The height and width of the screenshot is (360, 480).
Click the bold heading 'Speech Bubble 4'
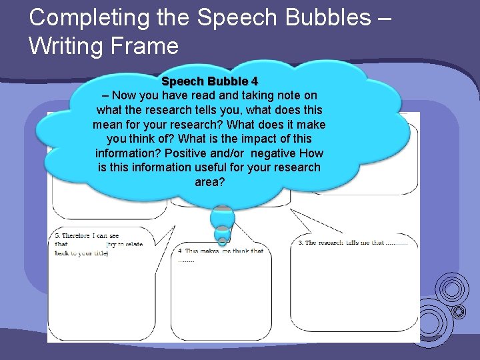coord(209,82)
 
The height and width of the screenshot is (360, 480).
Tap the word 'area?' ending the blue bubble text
coord(209,181)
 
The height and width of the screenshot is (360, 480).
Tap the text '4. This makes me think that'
coord(221,251)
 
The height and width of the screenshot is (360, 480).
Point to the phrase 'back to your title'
coord(81,253)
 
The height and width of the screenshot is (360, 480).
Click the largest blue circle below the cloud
coord(223,217)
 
